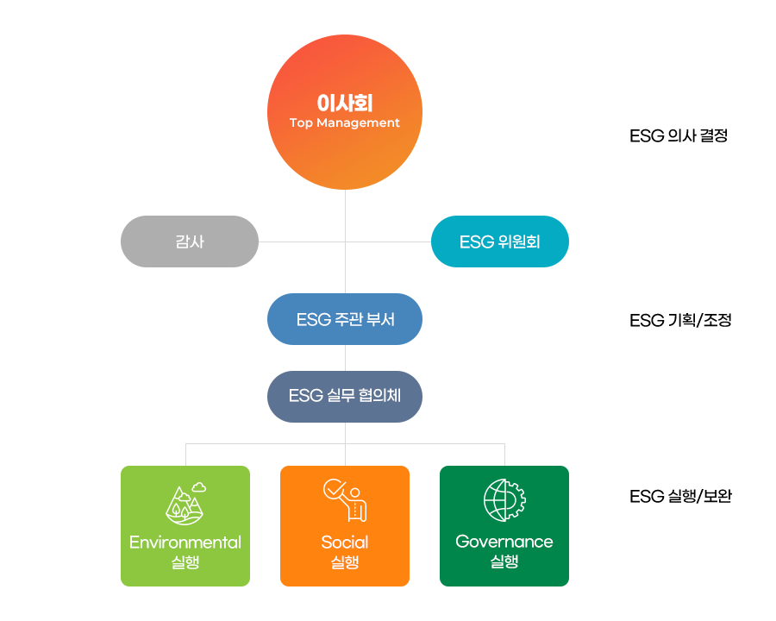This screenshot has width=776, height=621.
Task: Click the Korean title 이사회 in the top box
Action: tap(344, 103)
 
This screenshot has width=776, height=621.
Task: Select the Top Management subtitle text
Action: tap(344, 123)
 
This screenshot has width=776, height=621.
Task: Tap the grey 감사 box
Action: tap(189, 241)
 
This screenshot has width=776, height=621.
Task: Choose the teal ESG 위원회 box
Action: tap(499, 241)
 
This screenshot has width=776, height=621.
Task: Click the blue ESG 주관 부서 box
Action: tap(344, 319)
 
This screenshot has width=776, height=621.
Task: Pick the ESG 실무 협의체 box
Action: tap(344, 397)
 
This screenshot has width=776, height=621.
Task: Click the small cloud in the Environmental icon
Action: tap(199, 487)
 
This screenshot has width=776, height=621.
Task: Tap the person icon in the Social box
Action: tap(354, 505)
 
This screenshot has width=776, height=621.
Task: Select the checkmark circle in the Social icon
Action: tap(333, 490)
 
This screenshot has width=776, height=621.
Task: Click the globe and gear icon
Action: tap(504, 500)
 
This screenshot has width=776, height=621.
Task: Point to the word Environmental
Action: tap(185, 543)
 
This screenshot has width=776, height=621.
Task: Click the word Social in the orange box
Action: tap(344, 543)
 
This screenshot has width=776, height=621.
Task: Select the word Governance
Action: tap(504, 542)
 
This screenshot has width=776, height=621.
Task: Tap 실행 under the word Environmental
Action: tap(185, 562)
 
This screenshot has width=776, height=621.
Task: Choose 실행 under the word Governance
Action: tap(504, 562)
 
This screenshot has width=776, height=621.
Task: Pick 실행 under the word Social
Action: tap(344, 562)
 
